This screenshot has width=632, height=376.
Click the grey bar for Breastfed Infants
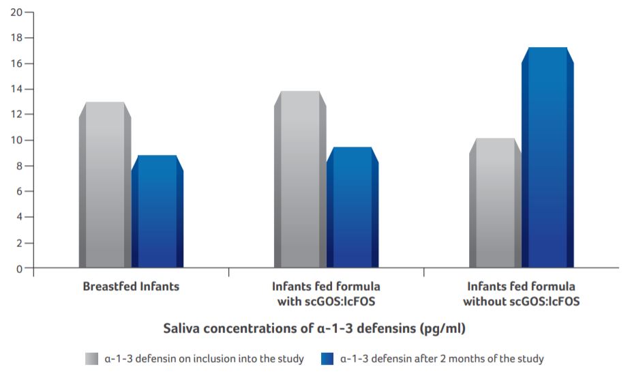tap(105, 185)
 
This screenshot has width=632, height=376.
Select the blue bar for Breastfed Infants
tap(157, 212)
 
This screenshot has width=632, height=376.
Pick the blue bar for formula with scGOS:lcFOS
tap(352, 207)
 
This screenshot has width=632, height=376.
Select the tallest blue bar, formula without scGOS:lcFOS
tap(547, 158)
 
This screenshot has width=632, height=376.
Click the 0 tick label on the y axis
tap(18, 268)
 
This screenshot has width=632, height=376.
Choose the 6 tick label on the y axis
tap(18, 192)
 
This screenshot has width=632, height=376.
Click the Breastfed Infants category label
tap(131, 287)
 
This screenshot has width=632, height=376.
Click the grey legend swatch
tap(92, 358)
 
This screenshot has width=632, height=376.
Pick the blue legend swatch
tap(328, 358)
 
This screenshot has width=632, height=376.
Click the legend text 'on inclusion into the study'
tap(204, 358)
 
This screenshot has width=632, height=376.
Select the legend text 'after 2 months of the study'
tap(442, 358)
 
